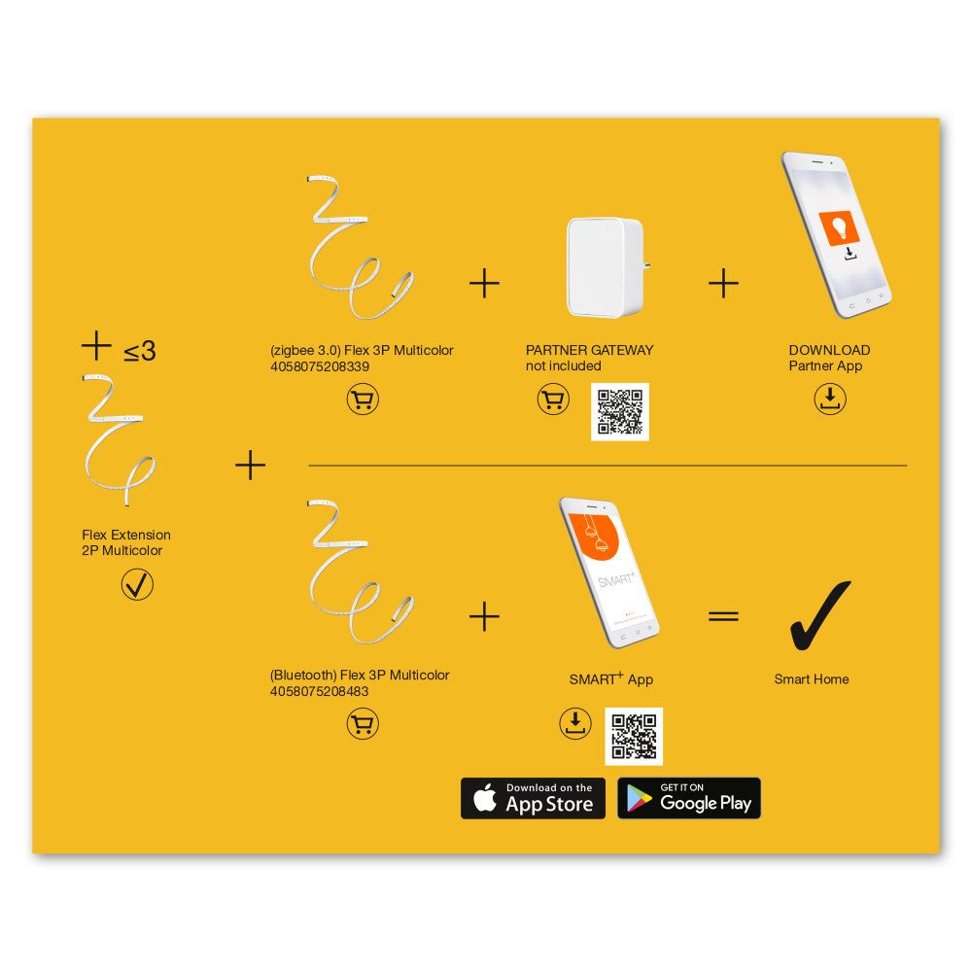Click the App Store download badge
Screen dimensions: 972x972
coord(533,798)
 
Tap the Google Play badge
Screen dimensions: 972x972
coord(689,798)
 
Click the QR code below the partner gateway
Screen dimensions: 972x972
coord(620,411)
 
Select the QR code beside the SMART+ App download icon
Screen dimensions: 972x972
coord(634,736)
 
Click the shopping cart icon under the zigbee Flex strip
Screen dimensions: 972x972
coord(363,399)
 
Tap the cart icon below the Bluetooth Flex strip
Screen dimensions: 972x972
coord(363,723)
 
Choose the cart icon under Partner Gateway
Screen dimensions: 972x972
coord(553,399)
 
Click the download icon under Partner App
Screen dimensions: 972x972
coord(830,398)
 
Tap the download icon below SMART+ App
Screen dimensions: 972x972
coord(575,723)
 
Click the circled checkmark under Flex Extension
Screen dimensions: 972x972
coord(137,584)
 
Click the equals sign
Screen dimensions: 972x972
coord(723,615)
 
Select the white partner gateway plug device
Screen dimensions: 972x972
coord(607,267)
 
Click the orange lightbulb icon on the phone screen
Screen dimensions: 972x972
coord(839,227)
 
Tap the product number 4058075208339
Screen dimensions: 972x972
coord(320,366)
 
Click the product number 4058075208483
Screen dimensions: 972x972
coord(319,691)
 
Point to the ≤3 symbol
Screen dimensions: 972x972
coord(139,352)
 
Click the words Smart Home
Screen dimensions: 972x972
coord(812,678)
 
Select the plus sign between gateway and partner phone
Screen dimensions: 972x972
coord(723,284)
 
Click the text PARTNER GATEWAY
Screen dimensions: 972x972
coord(590,350)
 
